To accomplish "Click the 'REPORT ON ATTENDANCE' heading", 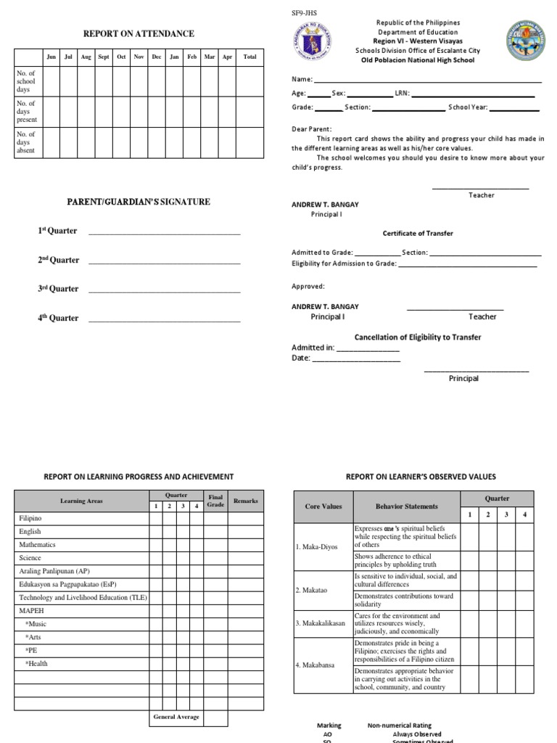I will tap(139, 34).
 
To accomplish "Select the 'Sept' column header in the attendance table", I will tap(104, 57).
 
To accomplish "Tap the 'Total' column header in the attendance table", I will tap(249, 57).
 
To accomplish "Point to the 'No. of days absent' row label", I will tap(26, 142).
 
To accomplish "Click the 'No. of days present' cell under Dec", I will tap(157, 112).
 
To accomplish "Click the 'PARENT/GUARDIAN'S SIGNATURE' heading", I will tap(139, 202).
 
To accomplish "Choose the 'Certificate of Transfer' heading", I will tap(418, 234).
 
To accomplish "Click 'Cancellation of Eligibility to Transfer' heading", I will tap(417, 337).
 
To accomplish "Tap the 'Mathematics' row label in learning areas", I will tap(37, 545).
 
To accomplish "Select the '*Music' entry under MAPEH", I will tap(36, 624).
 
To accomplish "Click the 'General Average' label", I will tap(176, 717).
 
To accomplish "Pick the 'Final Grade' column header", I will tap(215, 501).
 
